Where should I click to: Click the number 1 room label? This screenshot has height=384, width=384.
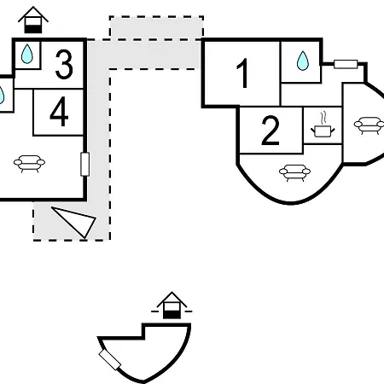pos(242,73)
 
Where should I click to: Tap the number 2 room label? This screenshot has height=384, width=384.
pos(270,131)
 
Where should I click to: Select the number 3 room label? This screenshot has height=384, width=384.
pos(64,64)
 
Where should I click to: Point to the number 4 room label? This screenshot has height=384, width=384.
pos(59,111)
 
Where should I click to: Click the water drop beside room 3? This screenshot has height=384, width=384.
pos(27,54)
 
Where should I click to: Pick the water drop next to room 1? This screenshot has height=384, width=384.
pos(303,61)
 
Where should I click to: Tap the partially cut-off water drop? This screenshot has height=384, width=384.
pos(2,95)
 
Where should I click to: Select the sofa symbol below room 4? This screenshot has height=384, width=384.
pos(29,164)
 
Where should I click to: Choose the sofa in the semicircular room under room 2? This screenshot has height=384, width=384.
pos(294,172)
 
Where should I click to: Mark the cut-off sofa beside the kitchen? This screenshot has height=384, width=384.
pos(369,125)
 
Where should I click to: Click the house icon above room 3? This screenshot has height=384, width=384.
pos(33,20)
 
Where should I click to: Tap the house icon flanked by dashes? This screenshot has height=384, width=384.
pos(172,305)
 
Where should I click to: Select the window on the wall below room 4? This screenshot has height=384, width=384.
pos(85,164)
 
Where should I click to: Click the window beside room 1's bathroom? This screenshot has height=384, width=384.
pos(346,64)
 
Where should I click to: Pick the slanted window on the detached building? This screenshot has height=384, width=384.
pos(110,360)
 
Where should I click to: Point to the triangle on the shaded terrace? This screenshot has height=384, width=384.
pos(77,221)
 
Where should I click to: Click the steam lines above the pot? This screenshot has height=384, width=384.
pos(323,119)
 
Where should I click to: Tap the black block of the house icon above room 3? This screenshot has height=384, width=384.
pos(33,29)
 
